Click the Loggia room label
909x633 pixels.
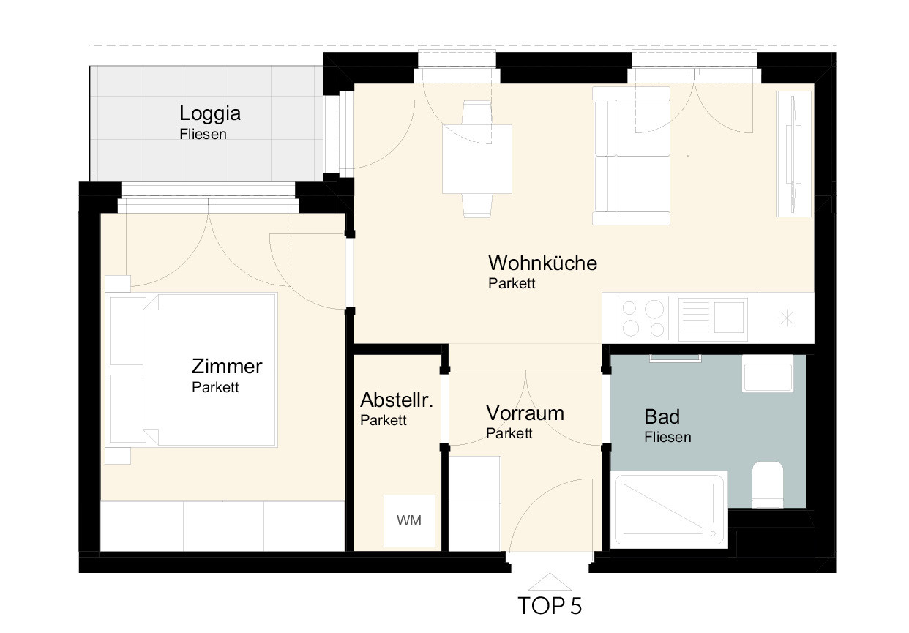coord(210,113)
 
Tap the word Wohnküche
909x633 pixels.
coord(542,263)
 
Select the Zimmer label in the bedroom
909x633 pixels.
coord(227,367)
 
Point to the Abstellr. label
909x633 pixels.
coord(397,400)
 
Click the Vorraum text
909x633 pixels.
coord(525,413)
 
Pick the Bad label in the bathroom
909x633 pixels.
coord(662,416)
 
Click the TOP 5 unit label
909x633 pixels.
coord(550,606)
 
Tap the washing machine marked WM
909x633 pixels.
coord(409,520)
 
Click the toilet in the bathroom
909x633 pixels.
coord(767,484)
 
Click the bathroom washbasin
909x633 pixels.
coord(767,373)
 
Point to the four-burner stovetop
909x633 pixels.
coord(643,318)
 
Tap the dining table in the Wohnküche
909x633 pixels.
coord(477,159)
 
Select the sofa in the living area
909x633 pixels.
coord(631,156)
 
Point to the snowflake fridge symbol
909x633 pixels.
coord(787,318)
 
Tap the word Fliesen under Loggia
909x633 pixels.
coord(203,135)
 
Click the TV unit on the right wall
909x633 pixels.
coord(794,154)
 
